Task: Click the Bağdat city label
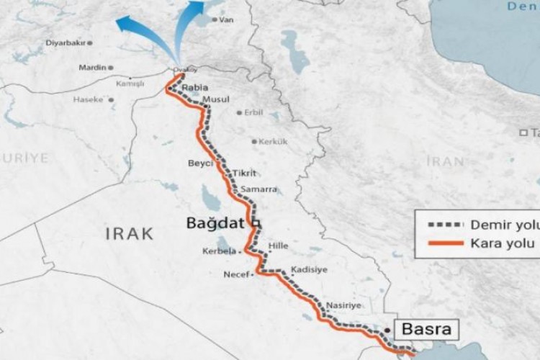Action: pos(215,224)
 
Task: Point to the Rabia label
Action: pos(195,87)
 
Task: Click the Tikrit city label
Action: pos(244,174)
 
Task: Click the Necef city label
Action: pos(235,274)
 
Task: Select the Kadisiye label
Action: pos(310,269)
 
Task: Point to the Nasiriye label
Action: pos(343,305)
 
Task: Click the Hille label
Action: pos(277,246)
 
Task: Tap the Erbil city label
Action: pos(253,112)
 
